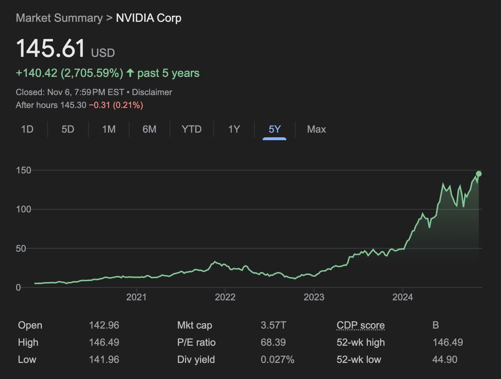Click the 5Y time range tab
(x=274, y=129)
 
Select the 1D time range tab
(x=27, y=129)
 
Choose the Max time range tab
(x=316, y=129)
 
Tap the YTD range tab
(x=191, y=129)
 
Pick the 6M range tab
(x=149, y=129)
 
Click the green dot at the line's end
(x=479, y=174)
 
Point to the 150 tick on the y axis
(x=24, y=170)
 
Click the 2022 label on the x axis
(x=225, y=297)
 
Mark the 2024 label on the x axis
(x=403, y=297)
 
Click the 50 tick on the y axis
(x=21, y=248)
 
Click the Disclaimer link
(x=152, y=92)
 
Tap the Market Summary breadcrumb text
(x=59, y=18)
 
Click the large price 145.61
(x=50, y=48)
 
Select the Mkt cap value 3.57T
(x=273, y=325)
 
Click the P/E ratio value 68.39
(x=273, y=342)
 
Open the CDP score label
(x=360, y=325)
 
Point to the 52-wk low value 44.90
(x=444, y=359)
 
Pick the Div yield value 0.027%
(x=277, y=359)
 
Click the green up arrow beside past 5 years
(x=130, y=73)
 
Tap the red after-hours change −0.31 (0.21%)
(x=116, y=105)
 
